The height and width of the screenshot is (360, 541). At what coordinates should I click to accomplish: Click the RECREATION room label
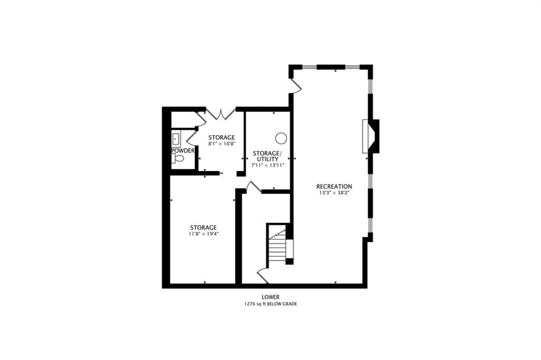point(334,186)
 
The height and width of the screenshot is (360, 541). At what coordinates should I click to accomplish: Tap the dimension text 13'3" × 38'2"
point(334,193)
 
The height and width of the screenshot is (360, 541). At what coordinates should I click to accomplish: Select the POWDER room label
point(183,150)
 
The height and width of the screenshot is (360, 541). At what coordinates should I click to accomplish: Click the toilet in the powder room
point(178,158)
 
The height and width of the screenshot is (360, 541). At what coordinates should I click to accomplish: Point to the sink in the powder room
point(176,139)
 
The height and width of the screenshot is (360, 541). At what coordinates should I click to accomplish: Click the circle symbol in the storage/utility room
point(281,138)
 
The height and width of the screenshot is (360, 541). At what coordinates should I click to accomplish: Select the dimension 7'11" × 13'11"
point(268,166)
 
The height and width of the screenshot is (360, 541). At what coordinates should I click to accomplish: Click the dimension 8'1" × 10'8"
point(221,144)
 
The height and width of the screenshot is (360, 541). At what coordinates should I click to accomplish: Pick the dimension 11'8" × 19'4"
point(203,234)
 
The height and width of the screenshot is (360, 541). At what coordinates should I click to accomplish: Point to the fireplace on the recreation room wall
point(370,136)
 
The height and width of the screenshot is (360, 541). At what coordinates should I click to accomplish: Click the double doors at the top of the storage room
point(221,114)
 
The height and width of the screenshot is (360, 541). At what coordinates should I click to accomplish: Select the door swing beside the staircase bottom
point(262,276)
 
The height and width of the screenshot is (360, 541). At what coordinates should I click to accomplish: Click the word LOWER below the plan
point(270,297)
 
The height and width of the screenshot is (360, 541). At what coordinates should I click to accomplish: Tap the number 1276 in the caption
point(249,304)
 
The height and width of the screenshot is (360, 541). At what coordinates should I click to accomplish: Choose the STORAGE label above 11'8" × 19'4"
point(203,228)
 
